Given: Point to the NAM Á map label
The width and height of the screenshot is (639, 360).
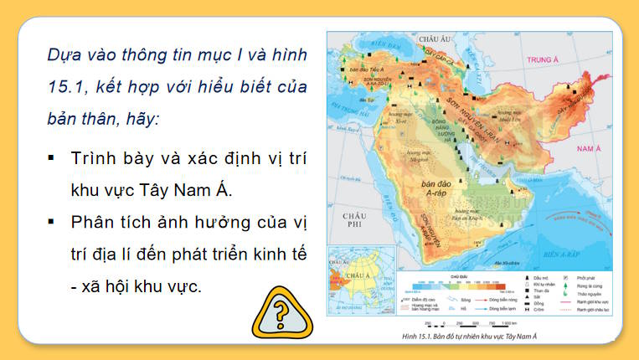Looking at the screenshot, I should (x=590, y=149).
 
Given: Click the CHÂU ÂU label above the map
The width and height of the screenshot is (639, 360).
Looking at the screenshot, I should (x=434, y=39).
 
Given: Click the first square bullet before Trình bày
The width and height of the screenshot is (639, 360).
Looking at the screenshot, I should (x=52, y=157).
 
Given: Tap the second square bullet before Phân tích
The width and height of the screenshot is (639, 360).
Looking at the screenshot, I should (x=52, y=221).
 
